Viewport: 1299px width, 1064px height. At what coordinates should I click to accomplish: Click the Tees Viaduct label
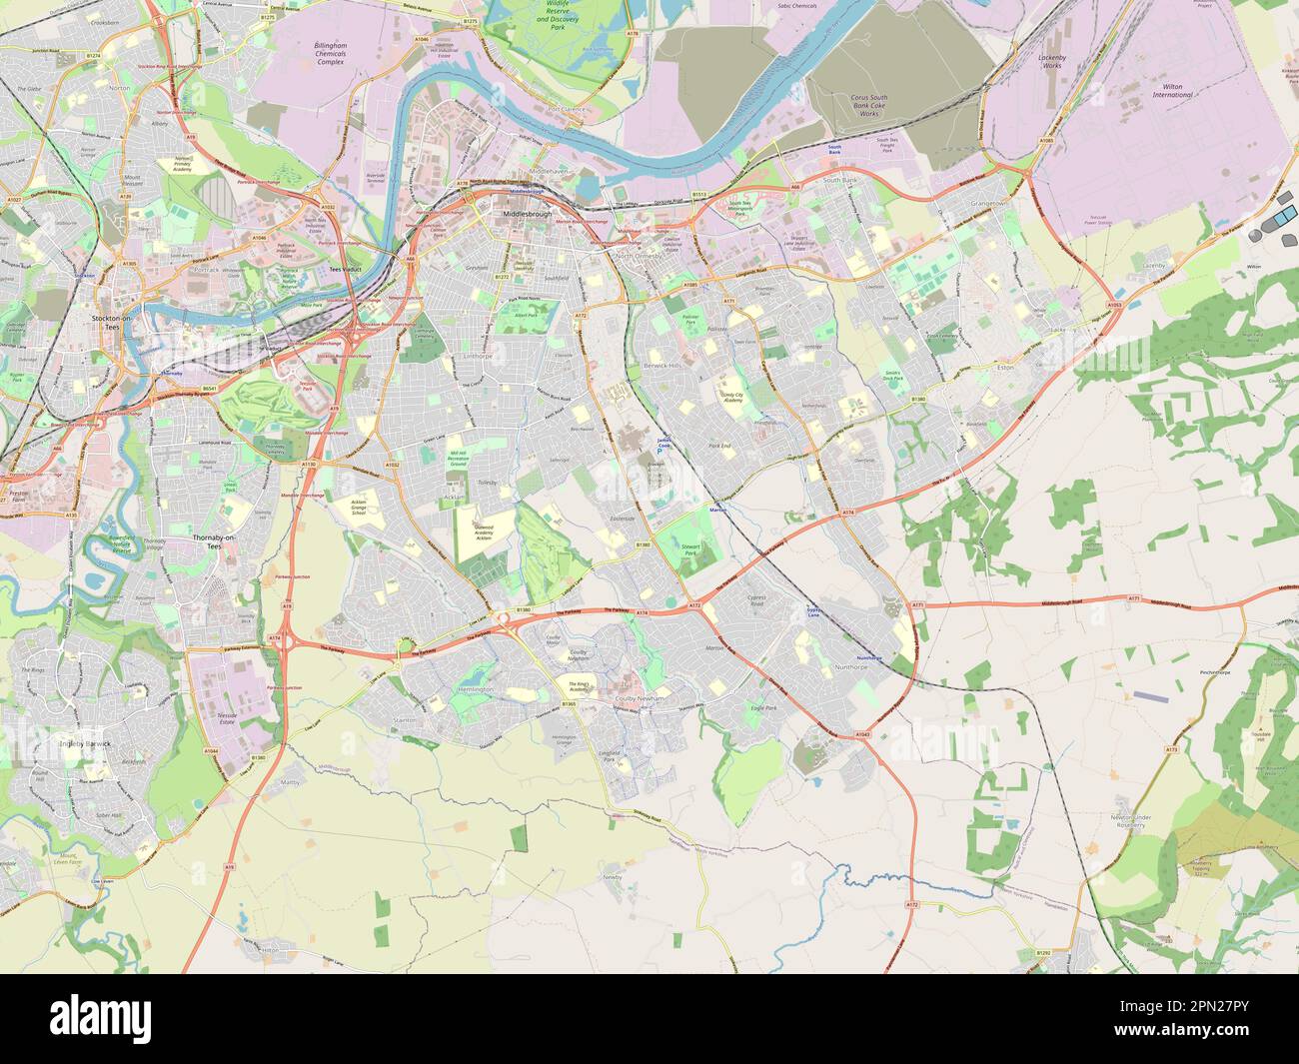351,270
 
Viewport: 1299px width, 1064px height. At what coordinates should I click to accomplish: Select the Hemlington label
475,690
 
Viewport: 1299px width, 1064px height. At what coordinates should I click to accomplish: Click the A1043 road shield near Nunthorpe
862,735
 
